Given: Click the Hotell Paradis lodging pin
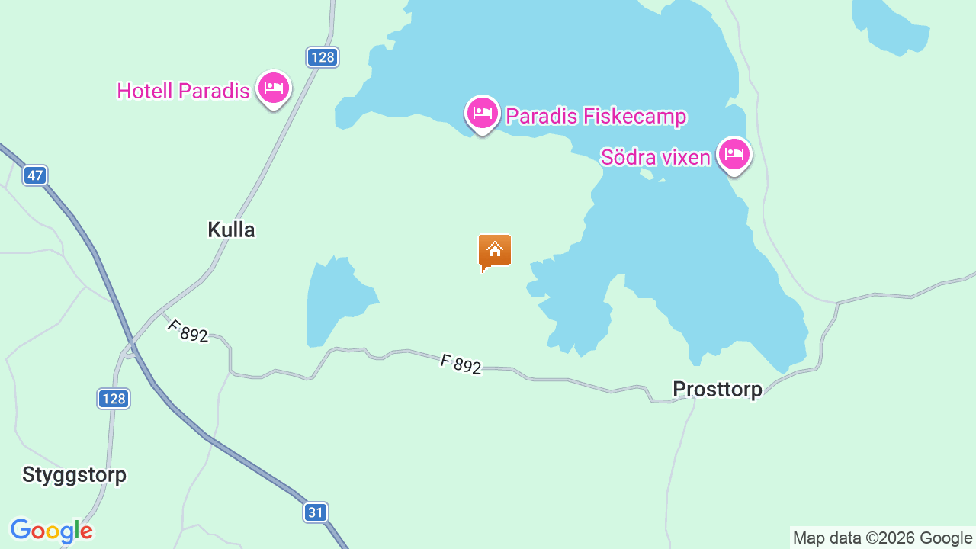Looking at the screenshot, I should (273, 88).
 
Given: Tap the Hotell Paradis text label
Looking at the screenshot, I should (183, 91).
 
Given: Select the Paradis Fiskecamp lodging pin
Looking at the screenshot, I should (482, 114).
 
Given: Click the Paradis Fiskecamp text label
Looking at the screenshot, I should (596, 117).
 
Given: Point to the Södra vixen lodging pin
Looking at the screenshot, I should (734, 155).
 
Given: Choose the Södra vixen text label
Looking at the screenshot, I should (655, 158).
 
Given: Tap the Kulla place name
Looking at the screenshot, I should (231, 230).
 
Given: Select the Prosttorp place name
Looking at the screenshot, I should (717, 390).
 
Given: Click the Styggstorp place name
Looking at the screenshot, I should (74, 475).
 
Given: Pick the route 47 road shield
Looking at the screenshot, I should (34, 175).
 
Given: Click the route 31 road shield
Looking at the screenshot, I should (316, 512).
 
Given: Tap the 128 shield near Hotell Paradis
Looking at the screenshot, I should (323, 57).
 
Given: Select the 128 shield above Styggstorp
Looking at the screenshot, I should (114, 398).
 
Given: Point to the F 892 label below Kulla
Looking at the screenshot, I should (188, 331).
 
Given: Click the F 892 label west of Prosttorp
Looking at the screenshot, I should (461, 364).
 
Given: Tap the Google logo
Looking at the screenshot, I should (51, 531).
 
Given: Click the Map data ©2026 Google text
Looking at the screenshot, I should (882, 538).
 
